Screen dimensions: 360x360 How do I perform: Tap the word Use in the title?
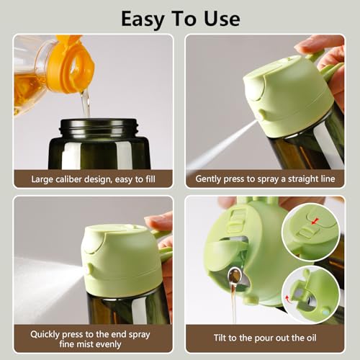220,18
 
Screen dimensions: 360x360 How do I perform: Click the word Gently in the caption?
210,178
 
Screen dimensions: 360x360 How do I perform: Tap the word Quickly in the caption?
48,333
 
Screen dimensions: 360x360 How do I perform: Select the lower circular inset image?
310,294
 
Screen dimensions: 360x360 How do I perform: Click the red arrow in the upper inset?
314,222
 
